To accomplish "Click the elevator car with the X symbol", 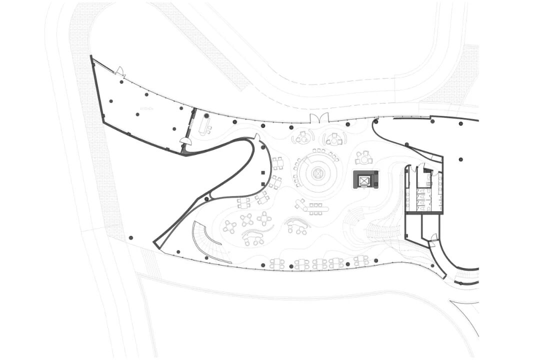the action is click(365, 179).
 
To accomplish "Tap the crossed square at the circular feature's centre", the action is click(317, 174).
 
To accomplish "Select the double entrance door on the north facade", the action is click(318, 118).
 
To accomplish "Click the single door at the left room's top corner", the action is click(120, 72).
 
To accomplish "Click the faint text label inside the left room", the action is click(146, 108).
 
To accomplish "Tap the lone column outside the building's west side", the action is click(130, 237).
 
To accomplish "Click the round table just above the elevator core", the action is click(363, 158).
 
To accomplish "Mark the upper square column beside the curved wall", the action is click(263, 173).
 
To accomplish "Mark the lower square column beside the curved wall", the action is click(263, 184).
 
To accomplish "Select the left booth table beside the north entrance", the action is click(302, 137).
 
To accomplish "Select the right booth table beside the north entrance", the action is click(334, 139).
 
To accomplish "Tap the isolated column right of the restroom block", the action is click(460, 159).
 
